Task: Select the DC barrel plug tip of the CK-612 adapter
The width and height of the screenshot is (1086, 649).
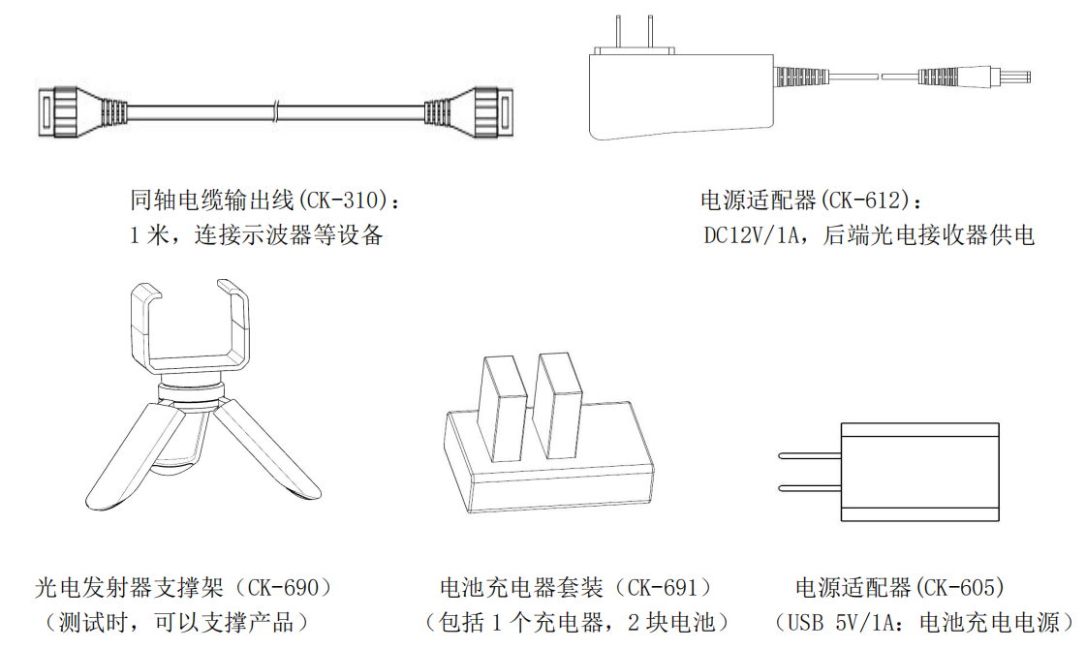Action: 1017,76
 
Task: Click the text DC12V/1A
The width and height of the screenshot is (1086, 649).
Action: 754,235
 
